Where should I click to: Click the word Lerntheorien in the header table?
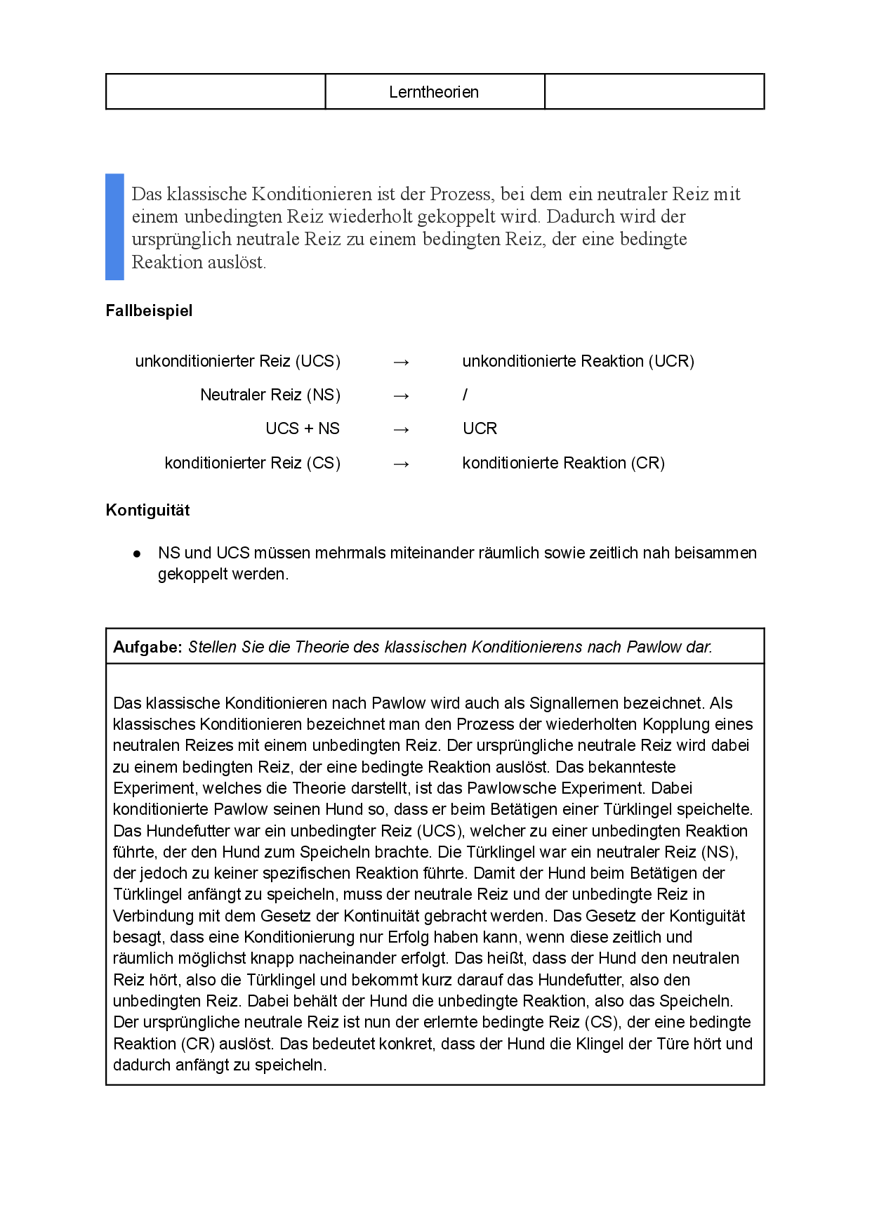coord(434,92)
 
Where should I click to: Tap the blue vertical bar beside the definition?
coord(114,227)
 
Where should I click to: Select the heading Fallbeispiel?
coord(149,310)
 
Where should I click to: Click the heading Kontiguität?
coord(147,510)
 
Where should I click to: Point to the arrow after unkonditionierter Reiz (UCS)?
coord(401,362)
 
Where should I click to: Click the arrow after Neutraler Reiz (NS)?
coord(401,395)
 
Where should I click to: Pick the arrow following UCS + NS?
coord(401,429)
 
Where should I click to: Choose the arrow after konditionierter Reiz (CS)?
coord(401,464)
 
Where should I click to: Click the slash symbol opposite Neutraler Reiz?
coord(465,395)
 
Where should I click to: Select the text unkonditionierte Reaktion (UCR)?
coord(578,361)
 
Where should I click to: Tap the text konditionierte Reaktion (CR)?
coord(563,463)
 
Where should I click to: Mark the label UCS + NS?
coord(303,428)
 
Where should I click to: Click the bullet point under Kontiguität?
coord(137,553)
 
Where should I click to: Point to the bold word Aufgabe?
coord(147,647)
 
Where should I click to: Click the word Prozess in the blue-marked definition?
coord(460,194)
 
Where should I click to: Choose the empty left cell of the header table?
coord(216,92)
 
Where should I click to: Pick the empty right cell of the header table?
coord(654,92)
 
